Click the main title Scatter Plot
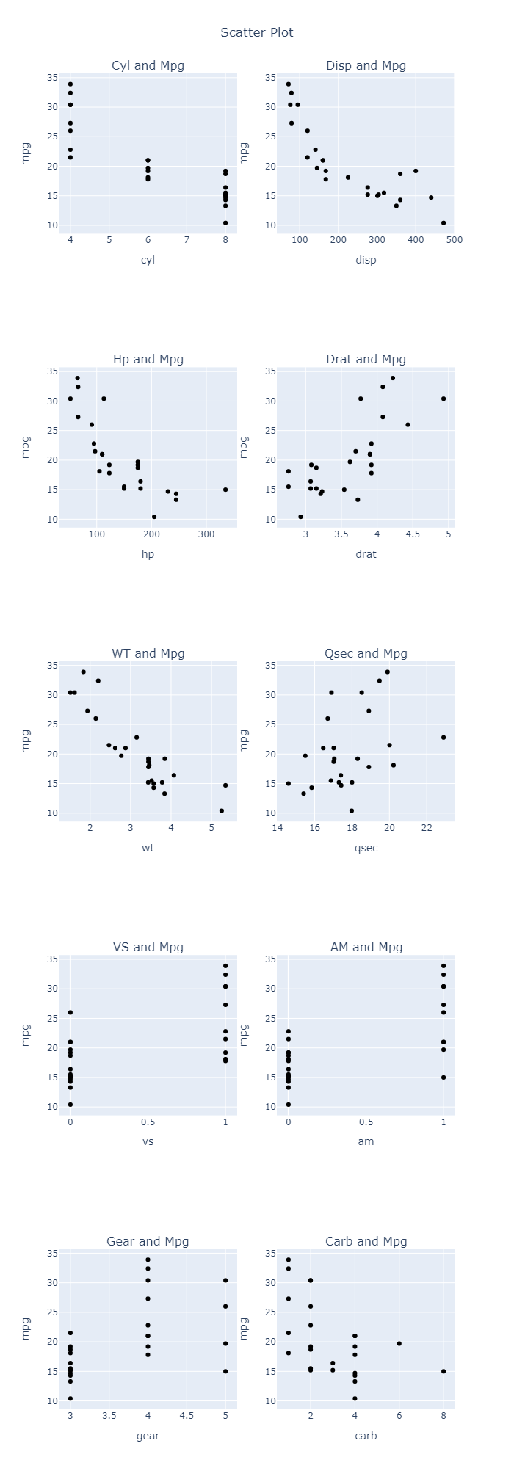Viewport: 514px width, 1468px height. pyautogui.click(x=257, y=32)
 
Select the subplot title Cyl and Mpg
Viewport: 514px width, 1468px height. pyautogui.click(x=148, y=65)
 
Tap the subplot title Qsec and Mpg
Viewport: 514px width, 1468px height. pyautogui.click(x=366, y=653)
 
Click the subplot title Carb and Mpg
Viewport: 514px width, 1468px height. pyautogui.click(x=366, y=1241)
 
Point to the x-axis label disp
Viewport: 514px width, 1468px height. pyautogui.click(x=366, y=260)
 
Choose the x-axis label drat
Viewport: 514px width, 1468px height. pyautogui.click(x=366, y=554)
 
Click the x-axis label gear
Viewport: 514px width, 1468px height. pyautogui.click(x=148, y=1436)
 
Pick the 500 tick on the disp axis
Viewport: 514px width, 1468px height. pyautogui.click(x=454, y=240)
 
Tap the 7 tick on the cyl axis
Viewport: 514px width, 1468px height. pyautogui.click(x=187, y=240)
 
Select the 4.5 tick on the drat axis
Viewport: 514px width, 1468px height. pyautogui.click(x=413, y=534)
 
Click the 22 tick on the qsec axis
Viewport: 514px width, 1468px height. pyautogui.click(x=427, y=828)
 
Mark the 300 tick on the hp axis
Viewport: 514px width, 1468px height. pyautogui.click(x=206, y=534)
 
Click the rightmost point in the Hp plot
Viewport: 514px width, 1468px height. pyautogui.click(x=225, y=490)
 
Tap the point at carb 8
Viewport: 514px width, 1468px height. pyautogui.click(x=444, y=1371)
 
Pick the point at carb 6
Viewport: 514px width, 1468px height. pyautogui.click(x=399, y=1343)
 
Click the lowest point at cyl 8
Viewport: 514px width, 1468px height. pyautogui.click(x=225, y=223)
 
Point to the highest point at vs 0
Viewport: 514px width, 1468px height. pyautogui.click(x=70, y=1012)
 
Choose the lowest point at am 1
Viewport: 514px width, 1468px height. pyautogui.click(x=444, y=1078)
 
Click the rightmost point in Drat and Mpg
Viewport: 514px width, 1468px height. pyautogui.click(x=444, y=399)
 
